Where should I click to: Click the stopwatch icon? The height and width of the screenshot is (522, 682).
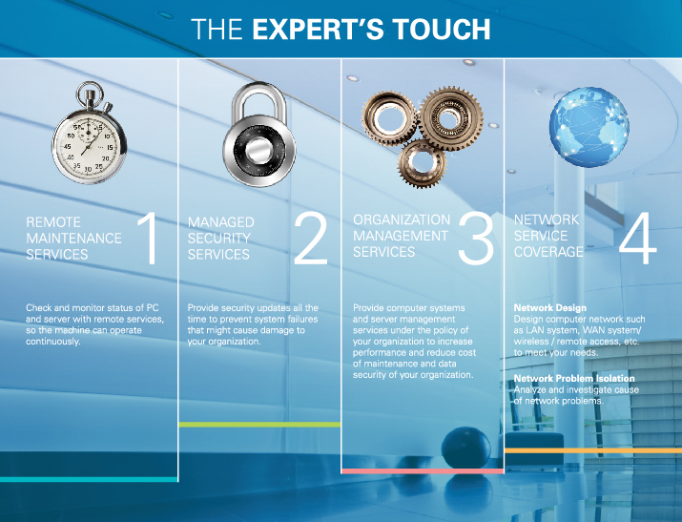click(90, 133)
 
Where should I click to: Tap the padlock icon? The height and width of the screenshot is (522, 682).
click(259, 136)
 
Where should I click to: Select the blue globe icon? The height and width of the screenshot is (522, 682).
click(589, 127)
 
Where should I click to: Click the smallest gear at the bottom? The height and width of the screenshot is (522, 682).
click(422, 163)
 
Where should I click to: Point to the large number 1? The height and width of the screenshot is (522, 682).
click(148, 238)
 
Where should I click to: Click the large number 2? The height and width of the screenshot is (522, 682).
click(311, 238)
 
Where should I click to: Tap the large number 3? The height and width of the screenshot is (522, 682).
click(476, 238)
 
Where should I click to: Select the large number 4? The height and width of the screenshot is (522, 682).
click(637, 238)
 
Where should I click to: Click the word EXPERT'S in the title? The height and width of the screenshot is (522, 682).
click(318, 30)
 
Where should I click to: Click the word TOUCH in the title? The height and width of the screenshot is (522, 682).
click(442, 30)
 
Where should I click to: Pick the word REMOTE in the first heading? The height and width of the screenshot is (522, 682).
click(53, 222)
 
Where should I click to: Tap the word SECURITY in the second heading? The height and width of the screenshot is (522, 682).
click(218, 238)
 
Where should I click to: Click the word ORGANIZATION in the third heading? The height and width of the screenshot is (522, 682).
click(402, 219)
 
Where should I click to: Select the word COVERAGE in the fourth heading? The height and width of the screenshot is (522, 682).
click(548, 252)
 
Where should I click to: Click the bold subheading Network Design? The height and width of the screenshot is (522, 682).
click(550, 308)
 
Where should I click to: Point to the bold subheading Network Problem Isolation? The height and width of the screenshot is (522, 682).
click(574, 379)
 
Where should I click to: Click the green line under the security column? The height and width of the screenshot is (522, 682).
click(259, 425)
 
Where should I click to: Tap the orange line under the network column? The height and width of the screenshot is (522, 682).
click(593, 450)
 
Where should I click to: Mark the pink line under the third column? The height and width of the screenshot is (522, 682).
click(423, 471)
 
